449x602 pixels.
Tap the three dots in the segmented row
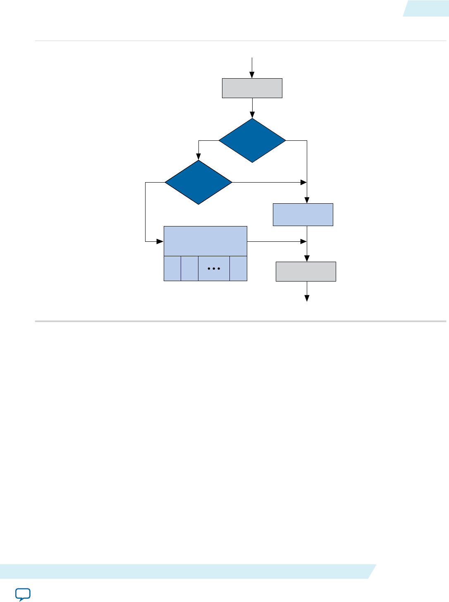coord(214,269)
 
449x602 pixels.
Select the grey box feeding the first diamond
coord(252,88)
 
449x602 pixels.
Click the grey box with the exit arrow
coord(306,272)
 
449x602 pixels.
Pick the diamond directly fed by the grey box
coord(252,140)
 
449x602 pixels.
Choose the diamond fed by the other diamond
coord(198,182)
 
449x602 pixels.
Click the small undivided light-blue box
coord(303,214)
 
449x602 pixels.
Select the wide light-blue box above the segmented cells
coord(205,241)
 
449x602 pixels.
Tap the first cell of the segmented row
coord(172,269)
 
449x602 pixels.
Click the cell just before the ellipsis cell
coord(189,269)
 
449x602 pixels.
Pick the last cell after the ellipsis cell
coord(239,269)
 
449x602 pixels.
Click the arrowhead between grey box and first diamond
coord(252,115)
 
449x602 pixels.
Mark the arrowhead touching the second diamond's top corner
coord(198,157)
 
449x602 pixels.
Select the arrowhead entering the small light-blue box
coord(307,200)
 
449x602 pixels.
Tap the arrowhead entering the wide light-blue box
coord(160,241)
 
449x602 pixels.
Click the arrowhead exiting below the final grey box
coord(307,299)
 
